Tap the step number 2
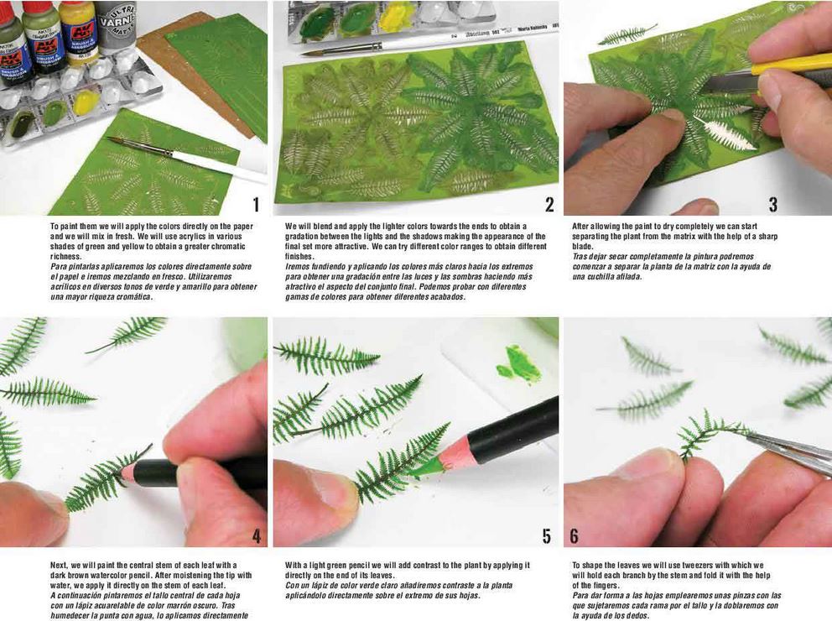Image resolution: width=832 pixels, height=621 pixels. (549, 204)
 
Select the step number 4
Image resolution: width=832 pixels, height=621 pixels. (256, 535)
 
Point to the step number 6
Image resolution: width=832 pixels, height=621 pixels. (574, 535)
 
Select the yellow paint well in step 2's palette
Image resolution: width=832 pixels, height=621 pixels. (397, 15)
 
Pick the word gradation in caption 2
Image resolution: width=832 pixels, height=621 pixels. (306, 236)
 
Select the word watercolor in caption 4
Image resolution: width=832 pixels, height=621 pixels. (121, 575)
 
